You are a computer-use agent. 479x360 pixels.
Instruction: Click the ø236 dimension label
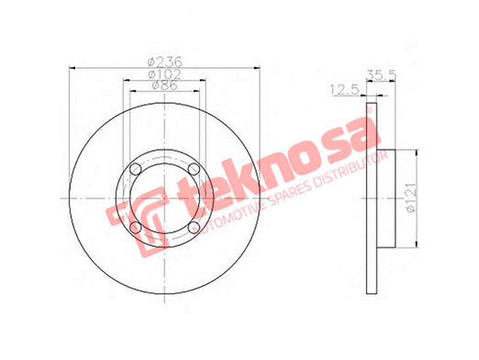point(164,62)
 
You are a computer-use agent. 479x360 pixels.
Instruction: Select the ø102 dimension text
point(164,74)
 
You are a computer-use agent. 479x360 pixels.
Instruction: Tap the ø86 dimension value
point(164,85)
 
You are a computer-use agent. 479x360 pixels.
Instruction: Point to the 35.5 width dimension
point(381,74)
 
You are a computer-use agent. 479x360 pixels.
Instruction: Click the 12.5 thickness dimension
point(345,90)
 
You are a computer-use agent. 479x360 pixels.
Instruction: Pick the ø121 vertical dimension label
point(411,197)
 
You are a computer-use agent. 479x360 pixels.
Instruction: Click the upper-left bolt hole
point(135,169)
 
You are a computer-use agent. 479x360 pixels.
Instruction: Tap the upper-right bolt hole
point(194,169)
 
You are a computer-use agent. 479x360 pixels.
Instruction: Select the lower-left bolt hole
point(135,228)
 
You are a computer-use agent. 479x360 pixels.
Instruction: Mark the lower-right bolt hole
point(194,228)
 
